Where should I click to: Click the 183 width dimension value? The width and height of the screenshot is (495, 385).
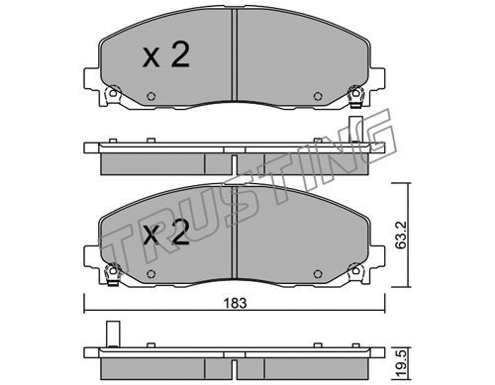pos(236,303)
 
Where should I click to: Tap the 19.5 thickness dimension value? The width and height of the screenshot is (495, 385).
pos(403,365)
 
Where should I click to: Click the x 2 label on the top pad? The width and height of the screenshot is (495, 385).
pos(166,55)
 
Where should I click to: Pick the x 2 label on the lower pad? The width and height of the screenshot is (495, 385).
pos(166,232)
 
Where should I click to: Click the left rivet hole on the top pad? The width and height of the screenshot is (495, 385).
pos(150,96)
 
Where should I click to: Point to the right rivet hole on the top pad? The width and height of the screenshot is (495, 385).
pos(318,96)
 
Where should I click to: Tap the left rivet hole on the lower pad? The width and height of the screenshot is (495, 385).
pos(150,274)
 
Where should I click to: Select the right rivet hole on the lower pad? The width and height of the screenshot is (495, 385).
pos(318,274)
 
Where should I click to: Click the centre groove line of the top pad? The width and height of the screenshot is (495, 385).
pos(235,54)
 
